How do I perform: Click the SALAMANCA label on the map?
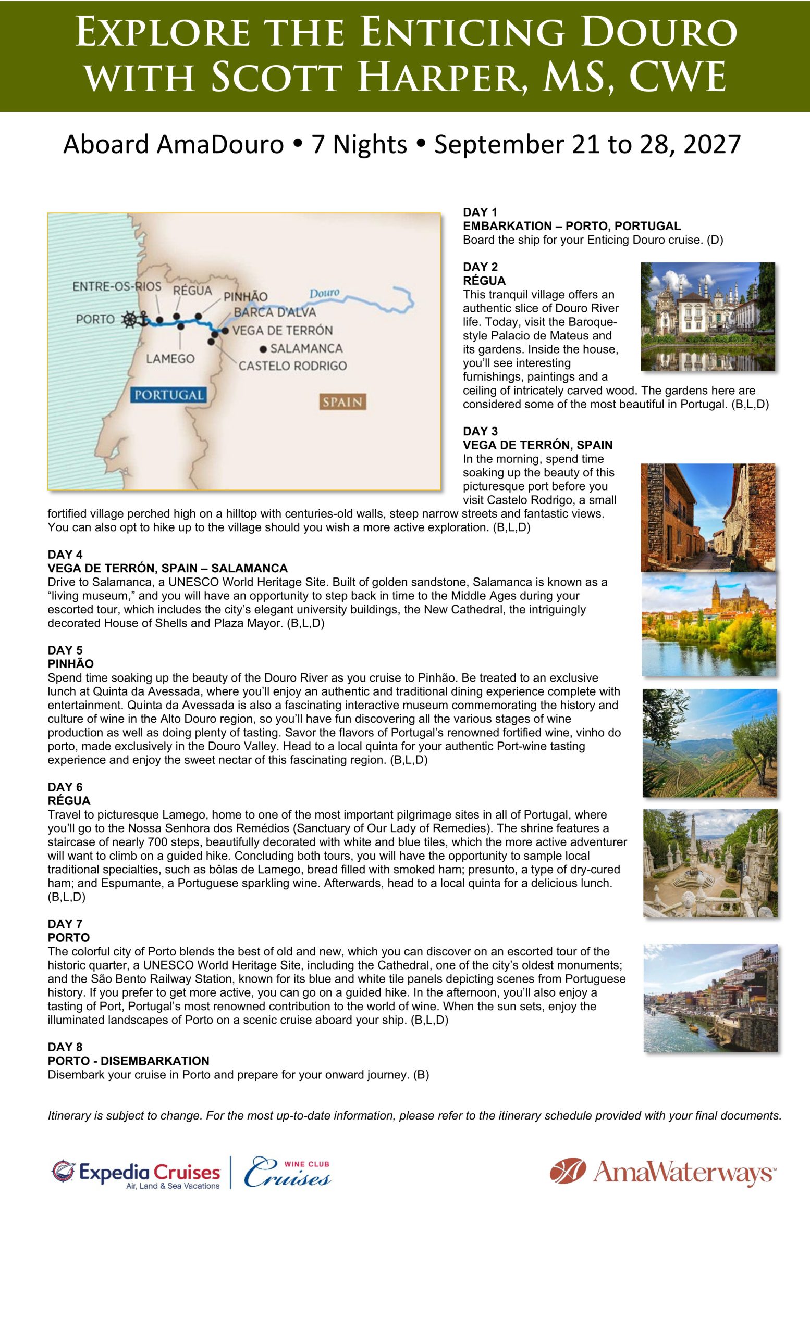click(306, 348)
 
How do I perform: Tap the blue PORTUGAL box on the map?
click(169, 395)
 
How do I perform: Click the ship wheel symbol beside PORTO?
click(130, 319)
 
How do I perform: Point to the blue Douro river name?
click(324, 293)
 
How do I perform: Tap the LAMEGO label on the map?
click(170, 359)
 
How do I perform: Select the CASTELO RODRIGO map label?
click(292, 366)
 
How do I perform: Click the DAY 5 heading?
click(65, 650)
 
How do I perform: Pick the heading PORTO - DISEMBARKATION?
click(128, 1061)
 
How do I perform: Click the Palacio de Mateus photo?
click(708, 317)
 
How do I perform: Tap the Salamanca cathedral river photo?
click(708, 625)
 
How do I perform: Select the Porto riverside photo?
click(710, 998)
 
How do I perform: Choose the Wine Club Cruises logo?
click(287, 1173)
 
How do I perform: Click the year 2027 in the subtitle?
click(711, 144)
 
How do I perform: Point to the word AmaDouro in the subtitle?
click(220, 144)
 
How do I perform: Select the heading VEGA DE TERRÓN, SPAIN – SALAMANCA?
click(167, 568)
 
